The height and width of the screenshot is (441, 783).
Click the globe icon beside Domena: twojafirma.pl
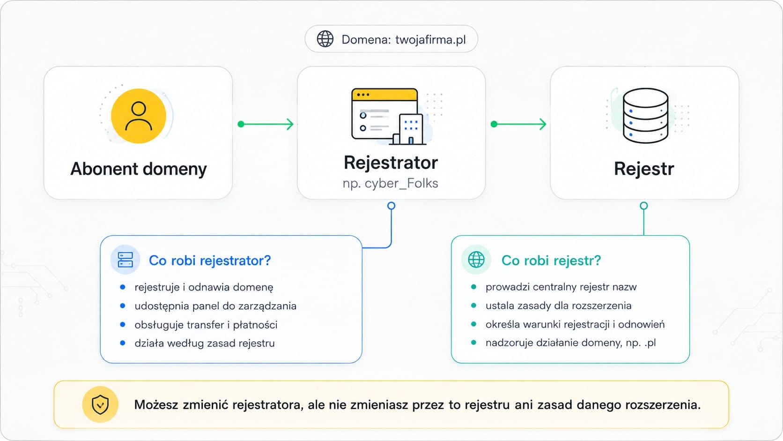click(325, 39)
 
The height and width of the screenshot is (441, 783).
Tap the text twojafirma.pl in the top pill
click(430, 39)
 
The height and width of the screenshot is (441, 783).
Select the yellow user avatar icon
click(139, 116)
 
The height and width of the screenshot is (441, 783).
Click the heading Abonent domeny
click(139, 169)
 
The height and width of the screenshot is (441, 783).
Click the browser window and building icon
click(389, 116)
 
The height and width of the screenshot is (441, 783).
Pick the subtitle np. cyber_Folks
click(391, 183)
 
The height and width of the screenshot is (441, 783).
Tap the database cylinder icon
click(645, 116)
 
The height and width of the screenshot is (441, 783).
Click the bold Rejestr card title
click(644, 169)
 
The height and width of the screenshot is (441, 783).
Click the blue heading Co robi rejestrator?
click(210, 261)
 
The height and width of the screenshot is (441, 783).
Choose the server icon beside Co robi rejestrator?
click(125, 260)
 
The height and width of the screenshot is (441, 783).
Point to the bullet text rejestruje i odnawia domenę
click(204, 287)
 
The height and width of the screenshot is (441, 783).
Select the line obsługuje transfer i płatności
click(206, 325)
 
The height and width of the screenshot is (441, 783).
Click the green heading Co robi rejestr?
click(551, 261)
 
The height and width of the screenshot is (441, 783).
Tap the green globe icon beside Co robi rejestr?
click(476, 260)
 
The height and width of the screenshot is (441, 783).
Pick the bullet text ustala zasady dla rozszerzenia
click(559, 306)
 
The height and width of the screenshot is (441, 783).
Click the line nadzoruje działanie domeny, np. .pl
click(570, 343)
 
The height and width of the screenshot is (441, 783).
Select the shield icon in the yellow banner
click(100, 404)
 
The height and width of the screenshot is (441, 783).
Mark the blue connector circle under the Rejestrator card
click(391, 206)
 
